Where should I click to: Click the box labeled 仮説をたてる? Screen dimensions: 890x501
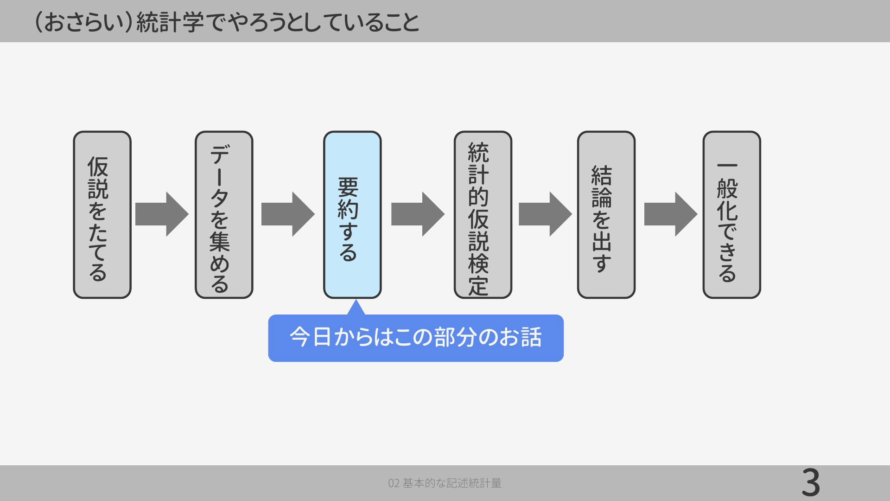pyautogui.click(x=102, y=215)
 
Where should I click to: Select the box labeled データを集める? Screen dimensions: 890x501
pyautogui.click(x=224, y=215)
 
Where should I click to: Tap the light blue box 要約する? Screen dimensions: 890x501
pyautogui.click(x=352, y=215)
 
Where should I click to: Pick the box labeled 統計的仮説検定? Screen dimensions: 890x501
pyautogui.click(x=483, y=215)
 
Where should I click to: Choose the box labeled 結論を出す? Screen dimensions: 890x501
pyautogui.click(x=606, y=215)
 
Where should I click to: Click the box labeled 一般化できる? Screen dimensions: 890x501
pyautogui.click(x=732, y=215)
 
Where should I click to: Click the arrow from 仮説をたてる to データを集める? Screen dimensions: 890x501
pyautogui.click(x=162, y=214)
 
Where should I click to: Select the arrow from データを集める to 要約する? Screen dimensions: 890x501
pyautogui.click(x=288, y=214)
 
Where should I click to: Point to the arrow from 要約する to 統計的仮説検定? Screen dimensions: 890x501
pyautogui.click(x=418, y=214)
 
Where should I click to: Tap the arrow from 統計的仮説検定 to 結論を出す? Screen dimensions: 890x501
pyautogui.click(x=545, y=214)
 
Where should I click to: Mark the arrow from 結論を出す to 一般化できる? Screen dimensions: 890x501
pyautogui.click(x=671, y=214)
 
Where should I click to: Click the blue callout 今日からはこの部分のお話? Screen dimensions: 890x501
pyautogui.click(x=416, y=338)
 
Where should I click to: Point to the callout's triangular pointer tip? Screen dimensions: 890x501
pyautogui.click(x=356, y=300)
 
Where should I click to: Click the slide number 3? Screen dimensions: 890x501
pyautogui.click(x=811, y=482)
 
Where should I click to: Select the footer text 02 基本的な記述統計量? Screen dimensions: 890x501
pyautogui.click(x=445, y=483)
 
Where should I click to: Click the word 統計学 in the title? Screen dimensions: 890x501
pyautogui.click(x=170, y=22)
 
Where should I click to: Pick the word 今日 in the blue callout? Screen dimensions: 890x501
pyautogui.click(x=310, y=337)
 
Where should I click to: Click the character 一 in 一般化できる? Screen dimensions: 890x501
pyautogui.click(x=727, y=166)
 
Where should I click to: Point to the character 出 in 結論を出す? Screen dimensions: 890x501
pyautogui.click(x=602, y=241)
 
